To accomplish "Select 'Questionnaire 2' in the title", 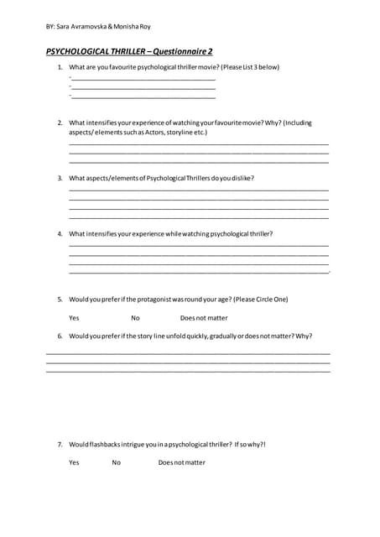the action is (182, 51).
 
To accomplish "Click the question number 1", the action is (60, 67).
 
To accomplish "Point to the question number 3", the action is (60, 178).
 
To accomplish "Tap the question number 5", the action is (60, 299).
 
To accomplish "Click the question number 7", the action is (60, 444).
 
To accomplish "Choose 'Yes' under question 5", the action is (74, 318).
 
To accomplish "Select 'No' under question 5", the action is (135, 318).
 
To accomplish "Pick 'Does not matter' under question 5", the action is (204, 318).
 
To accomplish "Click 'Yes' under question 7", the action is (74, 462).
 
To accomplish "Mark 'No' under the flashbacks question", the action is (116, 462).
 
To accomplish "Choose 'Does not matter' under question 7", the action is (181, 462).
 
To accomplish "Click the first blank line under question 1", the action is (143, 79).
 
